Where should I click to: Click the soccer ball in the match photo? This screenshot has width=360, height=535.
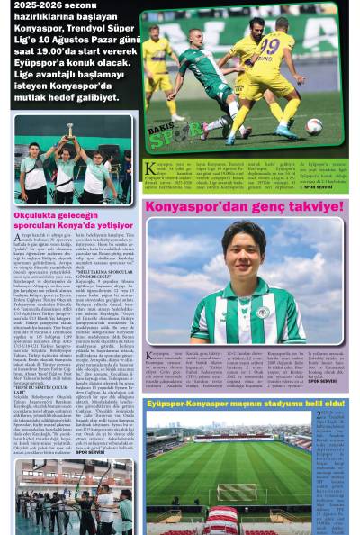click(314, 126)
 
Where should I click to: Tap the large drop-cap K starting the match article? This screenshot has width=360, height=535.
click(149, 168)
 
